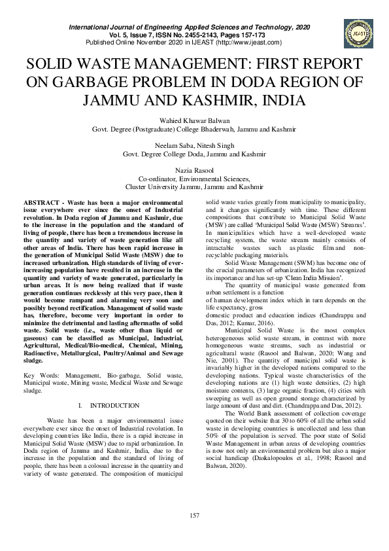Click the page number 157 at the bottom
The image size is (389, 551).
coord(194,516)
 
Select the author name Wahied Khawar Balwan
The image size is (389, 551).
coord(194,120)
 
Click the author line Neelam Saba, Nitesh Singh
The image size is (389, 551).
coord(194,145)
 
